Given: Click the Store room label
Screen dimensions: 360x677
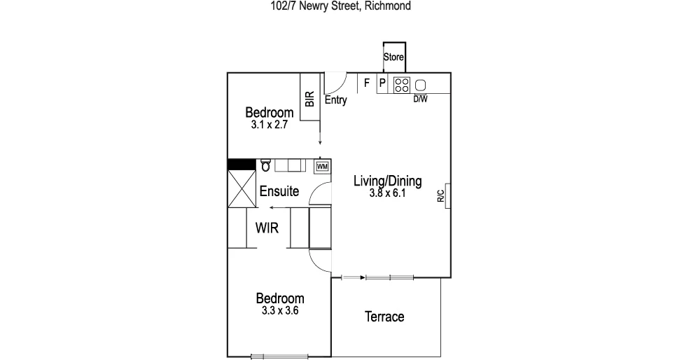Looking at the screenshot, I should tap(393, 57).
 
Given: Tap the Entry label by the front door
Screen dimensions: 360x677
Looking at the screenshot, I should tap(336, 100).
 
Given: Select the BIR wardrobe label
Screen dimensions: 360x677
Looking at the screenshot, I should tap(309, 99).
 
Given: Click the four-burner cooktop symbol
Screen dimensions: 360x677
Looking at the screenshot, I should tap(401, 84).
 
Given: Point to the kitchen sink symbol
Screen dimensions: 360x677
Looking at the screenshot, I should tap(421, 84).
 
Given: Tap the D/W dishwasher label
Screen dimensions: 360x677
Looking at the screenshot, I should tap(420, 99).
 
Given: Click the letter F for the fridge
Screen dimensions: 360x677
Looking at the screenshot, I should tap(366, 83).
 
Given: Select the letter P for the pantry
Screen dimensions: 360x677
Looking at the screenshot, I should tap(382, 83).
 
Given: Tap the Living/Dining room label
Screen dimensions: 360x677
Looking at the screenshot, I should tap(387, 181).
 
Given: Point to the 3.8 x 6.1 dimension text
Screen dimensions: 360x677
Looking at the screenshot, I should tap(387, 193).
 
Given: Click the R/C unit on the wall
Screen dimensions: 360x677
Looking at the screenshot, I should tap(442, 197).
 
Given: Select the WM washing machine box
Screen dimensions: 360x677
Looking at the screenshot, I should tap(323, 166).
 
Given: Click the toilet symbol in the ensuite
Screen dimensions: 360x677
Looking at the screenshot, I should tap(265, 165).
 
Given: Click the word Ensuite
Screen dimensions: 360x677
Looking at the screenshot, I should tap(279, 191).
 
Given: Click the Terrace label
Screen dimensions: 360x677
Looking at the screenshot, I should tap(384, 317).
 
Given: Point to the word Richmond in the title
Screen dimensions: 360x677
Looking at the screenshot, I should tap(387, 6).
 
